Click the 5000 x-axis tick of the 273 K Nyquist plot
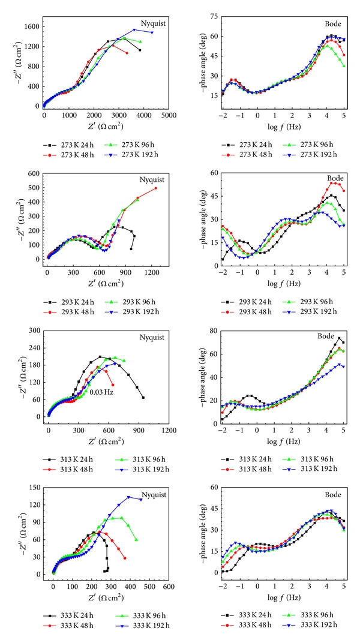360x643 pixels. pyautogui.click(x=169, y=114)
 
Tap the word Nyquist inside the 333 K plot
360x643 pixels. pyautogui.click(x=153, y=495)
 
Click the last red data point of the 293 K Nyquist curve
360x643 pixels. pyautogui.click(x=155, y=188)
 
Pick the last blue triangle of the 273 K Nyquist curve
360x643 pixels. pyautogui.click(x=152, y=32)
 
